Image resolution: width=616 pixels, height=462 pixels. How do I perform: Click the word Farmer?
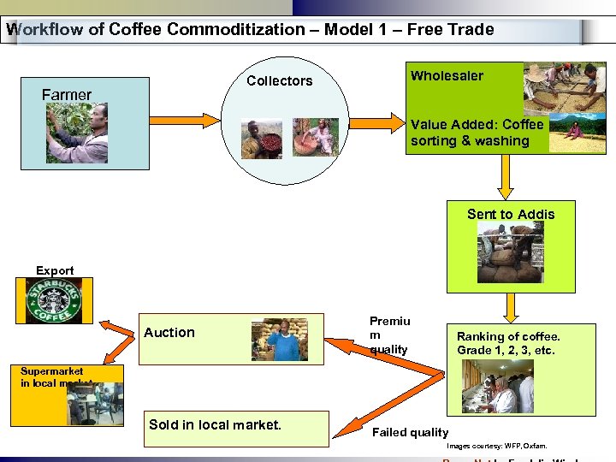click(67, 95)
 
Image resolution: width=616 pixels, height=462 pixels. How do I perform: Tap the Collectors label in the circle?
click(280, 81)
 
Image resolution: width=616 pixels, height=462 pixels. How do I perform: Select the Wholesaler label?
click(447, 76)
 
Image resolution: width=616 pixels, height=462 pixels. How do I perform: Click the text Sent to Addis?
click(511, 215)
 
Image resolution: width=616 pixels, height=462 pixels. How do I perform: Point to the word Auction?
click(169, 333)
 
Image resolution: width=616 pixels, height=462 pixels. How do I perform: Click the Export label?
click(55, 271)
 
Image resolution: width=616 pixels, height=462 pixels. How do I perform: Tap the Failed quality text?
click(410, 433)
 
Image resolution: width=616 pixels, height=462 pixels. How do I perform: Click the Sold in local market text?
click(215, 424)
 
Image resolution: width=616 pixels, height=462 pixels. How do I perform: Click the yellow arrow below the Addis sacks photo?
click(511, 306)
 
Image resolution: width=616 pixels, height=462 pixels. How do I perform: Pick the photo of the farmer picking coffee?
click(78, 133)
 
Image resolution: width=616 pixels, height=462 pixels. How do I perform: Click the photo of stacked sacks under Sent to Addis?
click(510, 253)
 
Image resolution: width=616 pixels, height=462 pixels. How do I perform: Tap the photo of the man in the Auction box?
click(279, 339)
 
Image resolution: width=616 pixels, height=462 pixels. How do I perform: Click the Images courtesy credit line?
click(496, 446)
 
